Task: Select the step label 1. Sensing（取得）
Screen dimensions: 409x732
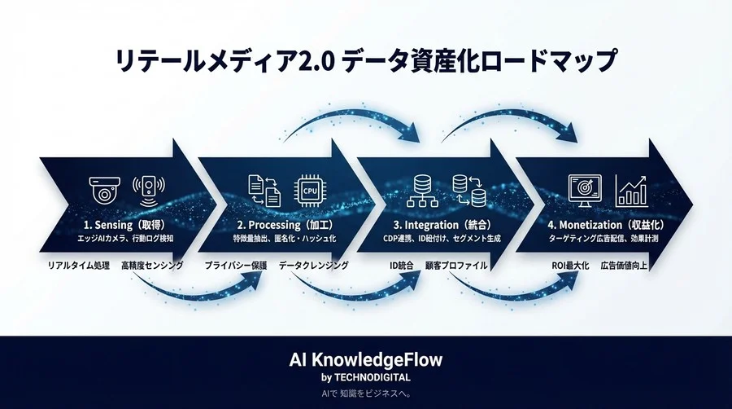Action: coord(128,223)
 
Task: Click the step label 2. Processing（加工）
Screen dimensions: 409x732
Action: coord(287,223)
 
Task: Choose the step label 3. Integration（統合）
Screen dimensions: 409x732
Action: coord(442,223)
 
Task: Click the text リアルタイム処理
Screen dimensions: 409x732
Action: coord(76,266)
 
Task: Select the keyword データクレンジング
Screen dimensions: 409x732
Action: coord(314,266)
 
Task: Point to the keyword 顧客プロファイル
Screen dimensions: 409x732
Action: coord(456,266)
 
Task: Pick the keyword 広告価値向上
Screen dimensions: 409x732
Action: coord(629,266)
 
